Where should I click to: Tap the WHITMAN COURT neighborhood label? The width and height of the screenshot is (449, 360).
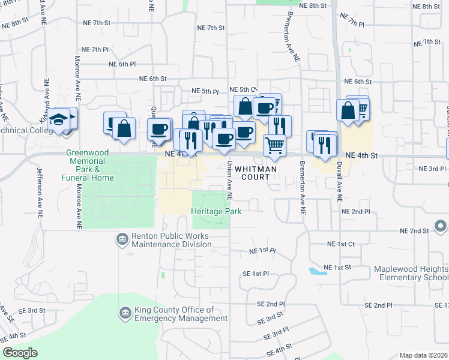[x=259, y=173]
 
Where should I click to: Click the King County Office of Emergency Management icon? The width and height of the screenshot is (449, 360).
[x=125, y=313]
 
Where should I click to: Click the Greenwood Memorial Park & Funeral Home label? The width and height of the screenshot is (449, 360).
[x=88, y=165]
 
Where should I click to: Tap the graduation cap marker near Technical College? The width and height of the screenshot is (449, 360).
[x=60, y=119]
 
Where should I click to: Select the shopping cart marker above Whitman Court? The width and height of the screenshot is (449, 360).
[x=274, y=145]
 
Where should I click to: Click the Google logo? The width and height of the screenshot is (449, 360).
[x=20, y=353]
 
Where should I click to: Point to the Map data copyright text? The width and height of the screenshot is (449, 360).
[x=423, y=355]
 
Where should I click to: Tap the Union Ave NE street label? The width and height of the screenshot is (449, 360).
[x=229, y=181]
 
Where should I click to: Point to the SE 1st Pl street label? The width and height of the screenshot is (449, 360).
[x=256, y=274]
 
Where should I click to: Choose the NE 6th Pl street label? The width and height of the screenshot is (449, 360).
[x=122, y=64]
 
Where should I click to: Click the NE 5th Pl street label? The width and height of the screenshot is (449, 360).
[x=205, y=91]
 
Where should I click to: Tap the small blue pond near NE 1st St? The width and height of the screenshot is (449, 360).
[x=315, y=271]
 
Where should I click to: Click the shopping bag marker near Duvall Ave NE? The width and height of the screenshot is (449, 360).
[x=348, y=111]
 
